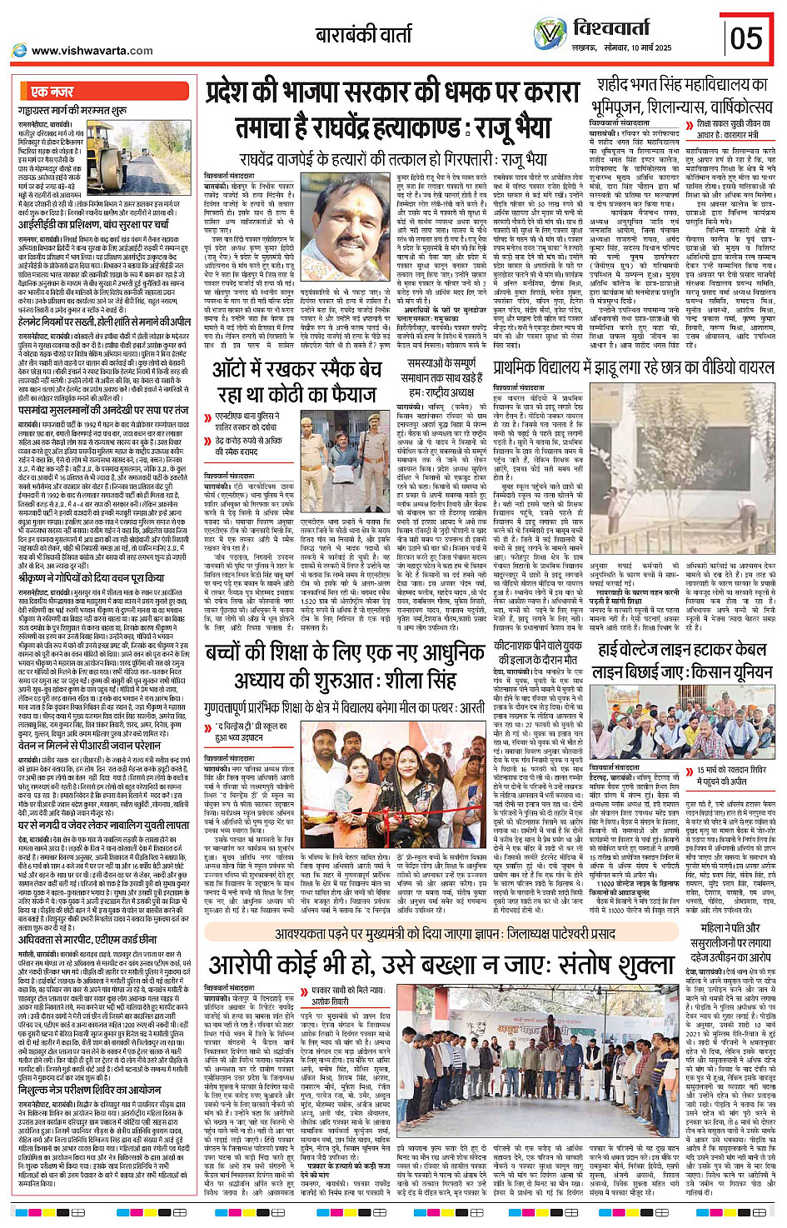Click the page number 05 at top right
tap(745, 38)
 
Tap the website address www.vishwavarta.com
tap(92, 51)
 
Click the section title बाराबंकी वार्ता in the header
tap(363, 36)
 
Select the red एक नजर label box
tap(52, 91)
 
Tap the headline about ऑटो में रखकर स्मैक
tap(296, 382)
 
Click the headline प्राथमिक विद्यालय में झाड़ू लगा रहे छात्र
tap(633, 367)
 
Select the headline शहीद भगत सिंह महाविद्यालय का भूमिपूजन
tap(680, 96)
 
